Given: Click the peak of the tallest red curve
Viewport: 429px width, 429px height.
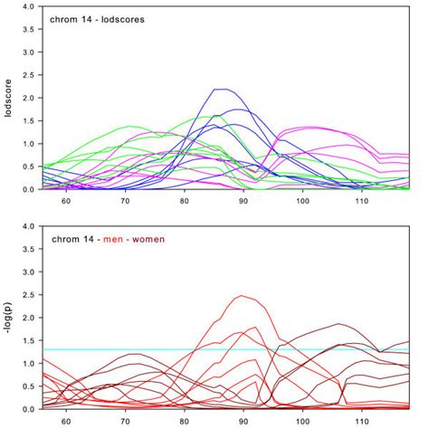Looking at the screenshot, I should point(242,296).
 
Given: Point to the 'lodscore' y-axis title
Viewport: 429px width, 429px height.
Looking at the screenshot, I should point(9,98).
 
